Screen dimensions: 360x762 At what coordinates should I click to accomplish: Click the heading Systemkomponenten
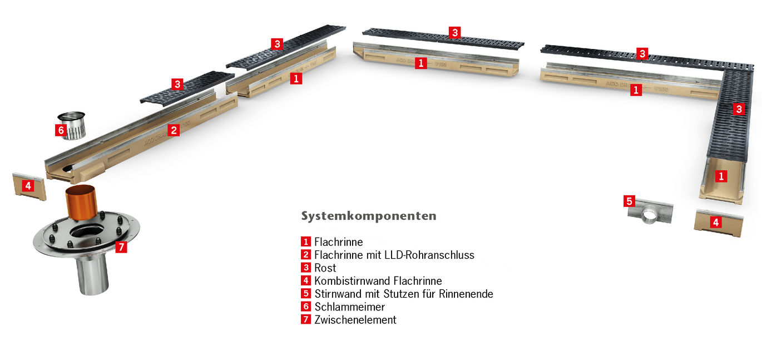tap(368, 216)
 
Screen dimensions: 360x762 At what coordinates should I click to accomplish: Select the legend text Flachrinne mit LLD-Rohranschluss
tap(394, 255)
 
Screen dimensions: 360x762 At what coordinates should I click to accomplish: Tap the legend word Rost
tap(325, 268)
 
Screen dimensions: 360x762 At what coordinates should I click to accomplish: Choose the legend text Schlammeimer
tap(349, 307)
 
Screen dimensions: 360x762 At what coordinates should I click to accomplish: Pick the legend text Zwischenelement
tap(355, 320)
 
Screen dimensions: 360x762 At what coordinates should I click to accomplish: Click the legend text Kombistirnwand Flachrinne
tap(378, 281)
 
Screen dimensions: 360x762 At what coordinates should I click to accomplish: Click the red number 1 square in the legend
tap(305, 242)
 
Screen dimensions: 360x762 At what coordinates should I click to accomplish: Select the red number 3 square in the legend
tap(305, 268)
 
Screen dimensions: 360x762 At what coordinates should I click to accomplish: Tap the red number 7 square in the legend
tap(305, 320)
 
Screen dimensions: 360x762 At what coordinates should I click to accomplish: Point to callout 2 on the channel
tap(174, 131)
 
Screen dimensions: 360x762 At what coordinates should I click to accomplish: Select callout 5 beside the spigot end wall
tap(629, 201)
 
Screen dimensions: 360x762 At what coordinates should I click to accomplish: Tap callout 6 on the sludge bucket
tap(61, 131)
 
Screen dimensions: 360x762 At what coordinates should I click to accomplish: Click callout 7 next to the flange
tap(121, 247)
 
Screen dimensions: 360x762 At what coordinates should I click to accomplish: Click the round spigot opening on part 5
tap(649, 213)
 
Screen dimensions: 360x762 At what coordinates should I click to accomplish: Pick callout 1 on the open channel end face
tap(721, 176)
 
